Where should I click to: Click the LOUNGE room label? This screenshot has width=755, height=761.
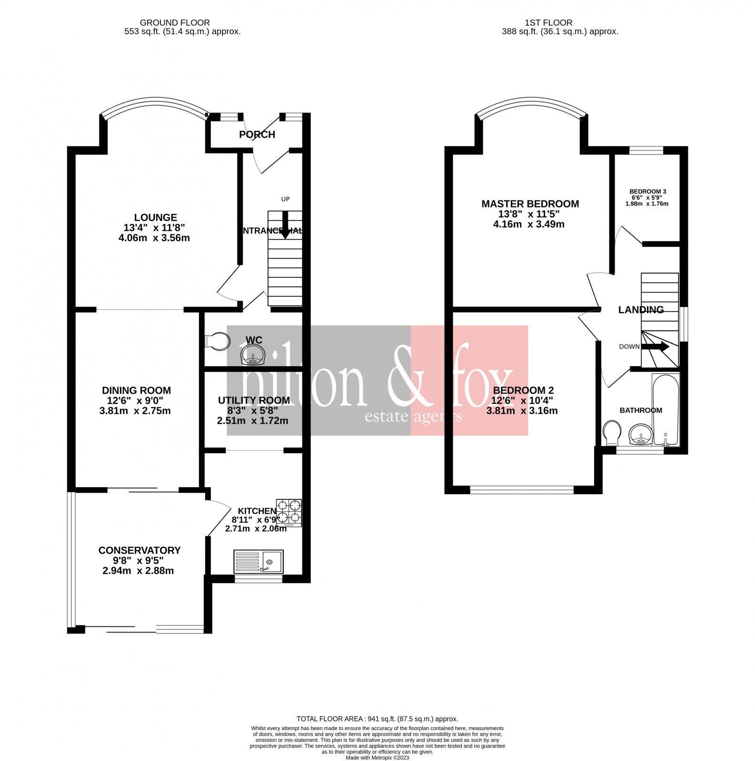tap(155, 217)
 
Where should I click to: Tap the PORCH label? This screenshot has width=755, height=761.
tap(257, 135)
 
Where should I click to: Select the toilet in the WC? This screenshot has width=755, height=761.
tap(217, 341)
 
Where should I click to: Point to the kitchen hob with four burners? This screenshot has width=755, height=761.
tap(289, 512)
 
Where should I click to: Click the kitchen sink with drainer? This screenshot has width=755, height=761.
tap(258, 562)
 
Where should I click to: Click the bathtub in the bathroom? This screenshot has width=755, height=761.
tap(666, 409)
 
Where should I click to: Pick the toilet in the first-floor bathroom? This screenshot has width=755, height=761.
tap(611, 433)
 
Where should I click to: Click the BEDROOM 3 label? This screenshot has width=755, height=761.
tap(647, 192)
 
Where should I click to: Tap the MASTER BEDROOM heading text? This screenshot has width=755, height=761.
tap(530, 204)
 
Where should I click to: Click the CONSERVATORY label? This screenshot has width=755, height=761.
tap(139, 550)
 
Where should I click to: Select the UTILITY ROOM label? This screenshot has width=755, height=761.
tap(254, 400)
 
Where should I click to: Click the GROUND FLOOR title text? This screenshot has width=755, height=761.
tap(175, 22)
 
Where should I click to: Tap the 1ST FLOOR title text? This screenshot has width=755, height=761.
tap(548, 22)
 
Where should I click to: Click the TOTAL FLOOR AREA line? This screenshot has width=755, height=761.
tap(377, 719)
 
